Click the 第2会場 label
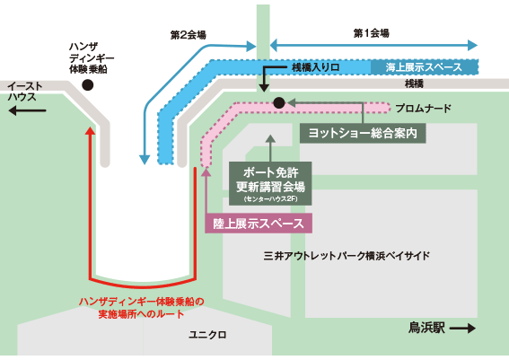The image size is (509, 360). point(189,35)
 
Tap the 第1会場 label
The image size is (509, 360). point(371,33)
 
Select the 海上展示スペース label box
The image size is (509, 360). point(425,67)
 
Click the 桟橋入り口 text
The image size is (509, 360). point(315,67)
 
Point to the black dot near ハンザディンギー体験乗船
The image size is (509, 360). point(88,85)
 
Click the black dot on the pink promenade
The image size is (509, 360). point(279,103)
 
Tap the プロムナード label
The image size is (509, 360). point(423,109)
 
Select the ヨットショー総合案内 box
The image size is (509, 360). point(363,133)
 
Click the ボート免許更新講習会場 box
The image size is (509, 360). point(270,183)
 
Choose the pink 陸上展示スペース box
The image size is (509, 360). point(259,224)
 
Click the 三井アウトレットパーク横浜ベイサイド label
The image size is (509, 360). point(347,256)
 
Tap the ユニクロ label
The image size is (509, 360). point(207,335)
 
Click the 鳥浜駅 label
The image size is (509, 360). point(426,328)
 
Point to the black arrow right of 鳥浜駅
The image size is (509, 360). point(462,329)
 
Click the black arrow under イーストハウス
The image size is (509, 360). point(27,110)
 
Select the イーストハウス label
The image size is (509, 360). point(24,92)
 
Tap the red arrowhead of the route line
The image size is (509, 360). point(91,131)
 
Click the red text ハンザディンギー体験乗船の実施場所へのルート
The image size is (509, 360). point(142,308)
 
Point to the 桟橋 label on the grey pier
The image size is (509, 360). point(414,84)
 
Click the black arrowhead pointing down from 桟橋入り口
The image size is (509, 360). point(264,88)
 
